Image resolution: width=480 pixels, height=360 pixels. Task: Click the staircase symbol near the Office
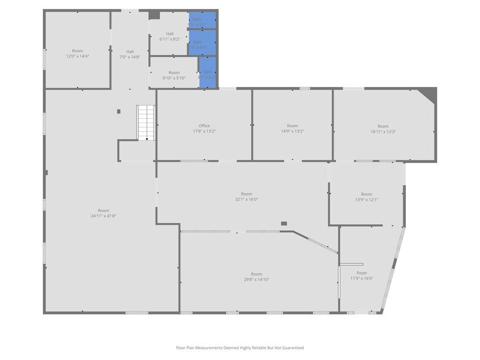coord(146,122)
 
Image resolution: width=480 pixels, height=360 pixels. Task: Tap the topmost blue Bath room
coord(201,20)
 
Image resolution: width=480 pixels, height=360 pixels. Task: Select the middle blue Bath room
coord(201,43)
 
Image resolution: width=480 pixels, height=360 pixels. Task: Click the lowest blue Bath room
coord(208,73)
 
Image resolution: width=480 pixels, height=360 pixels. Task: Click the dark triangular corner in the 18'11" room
coord(430,94)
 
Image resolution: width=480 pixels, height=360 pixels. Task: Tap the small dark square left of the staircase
coord(119,111)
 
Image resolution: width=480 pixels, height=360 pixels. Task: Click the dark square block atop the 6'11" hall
coord(154,15)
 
